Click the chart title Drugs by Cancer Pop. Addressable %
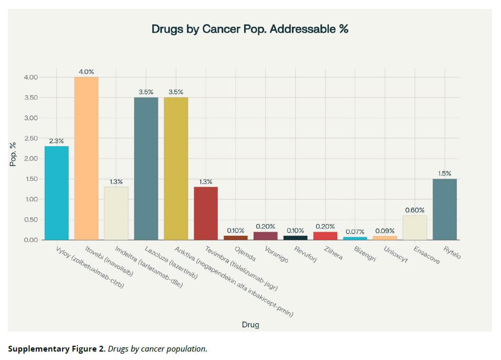[250, 29]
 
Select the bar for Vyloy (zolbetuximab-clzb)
[56, 193]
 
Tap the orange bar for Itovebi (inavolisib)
[86, 158]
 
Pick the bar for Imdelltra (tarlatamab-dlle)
[116, 213]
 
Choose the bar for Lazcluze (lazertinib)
[146, 168]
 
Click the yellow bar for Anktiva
[176, 168]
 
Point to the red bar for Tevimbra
[206, 213]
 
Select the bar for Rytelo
[445, 209]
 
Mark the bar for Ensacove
[415, 227]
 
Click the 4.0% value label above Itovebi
[86, 71]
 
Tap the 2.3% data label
[56, 141]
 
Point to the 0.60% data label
[415, 210]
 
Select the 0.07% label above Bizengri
[355, 232]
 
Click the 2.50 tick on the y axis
[31, 138]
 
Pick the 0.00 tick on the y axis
[31, 240]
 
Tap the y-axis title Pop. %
[14, 155]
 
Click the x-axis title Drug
[250, 325]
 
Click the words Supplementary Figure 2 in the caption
[56, 348]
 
